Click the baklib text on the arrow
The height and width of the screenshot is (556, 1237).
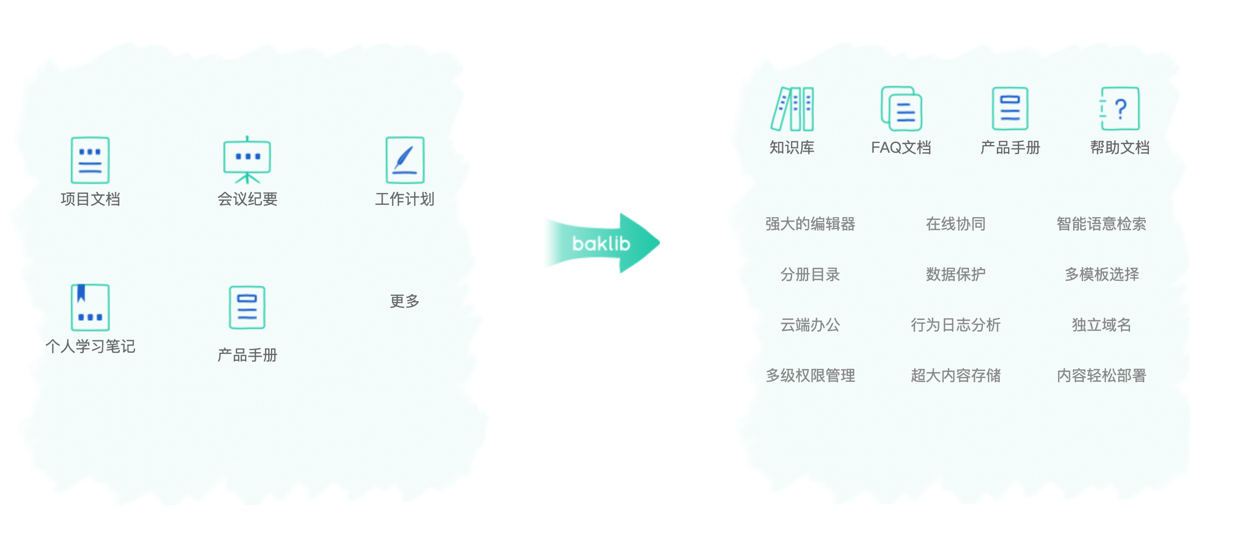tap(601, 244)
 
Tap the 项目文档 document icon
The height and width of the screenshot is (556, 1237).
tap(90, 160)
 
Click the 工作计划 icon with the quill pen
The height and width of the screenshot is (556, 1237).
tap(405, 160)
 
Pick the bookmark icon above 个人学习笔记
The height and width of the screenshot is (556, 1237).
tap(90, 307)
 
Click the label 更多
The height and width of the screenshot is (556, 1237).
tap(405, 301)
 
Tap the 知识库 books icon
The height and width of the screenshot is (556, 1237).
tap(792, 109)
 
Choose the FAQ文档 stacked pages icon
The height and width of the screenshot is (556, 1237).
tap(901, 109)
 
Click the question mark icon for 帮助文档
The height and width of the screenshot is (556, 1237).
tap(1119, 109)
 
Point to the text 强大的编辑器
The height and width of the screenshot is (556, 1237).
tap(810, 224)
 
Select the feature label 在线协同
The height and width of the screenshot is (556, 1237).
tap(955, 224)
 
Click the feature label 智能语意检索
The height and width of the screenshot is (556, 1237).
tap(1101, 224)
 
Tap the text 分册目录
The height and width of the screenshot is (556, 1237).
tap(810, 274)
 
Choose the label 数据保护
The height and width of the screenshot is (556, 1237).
tap(955, 274)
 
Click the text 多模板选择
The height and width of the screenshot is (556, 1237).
tap(1102, 274)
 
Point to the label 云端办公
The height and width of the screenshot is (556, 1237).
tap(810, 325)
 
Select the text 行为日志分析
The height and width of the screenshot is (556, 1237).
tap(955, 325)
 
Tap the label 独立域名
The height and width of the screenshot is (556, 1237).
tap(1102, 325)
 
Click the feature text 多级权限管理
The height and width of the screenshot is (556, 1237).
tap(810, 375)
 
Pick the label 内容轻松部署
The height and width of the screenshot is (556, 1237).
tap(1101, 375)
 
